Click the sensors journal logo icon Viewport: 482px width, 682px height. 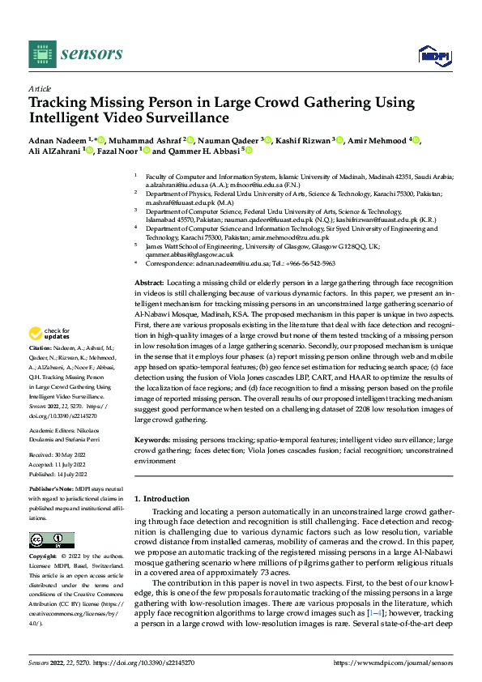(41, 53)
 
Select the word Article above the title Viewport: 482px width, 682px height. (40, 88)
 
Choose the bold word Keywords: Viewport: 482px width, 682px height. (153, 438)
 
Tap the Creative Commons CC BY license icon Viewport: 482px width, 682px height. (51, 540)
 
